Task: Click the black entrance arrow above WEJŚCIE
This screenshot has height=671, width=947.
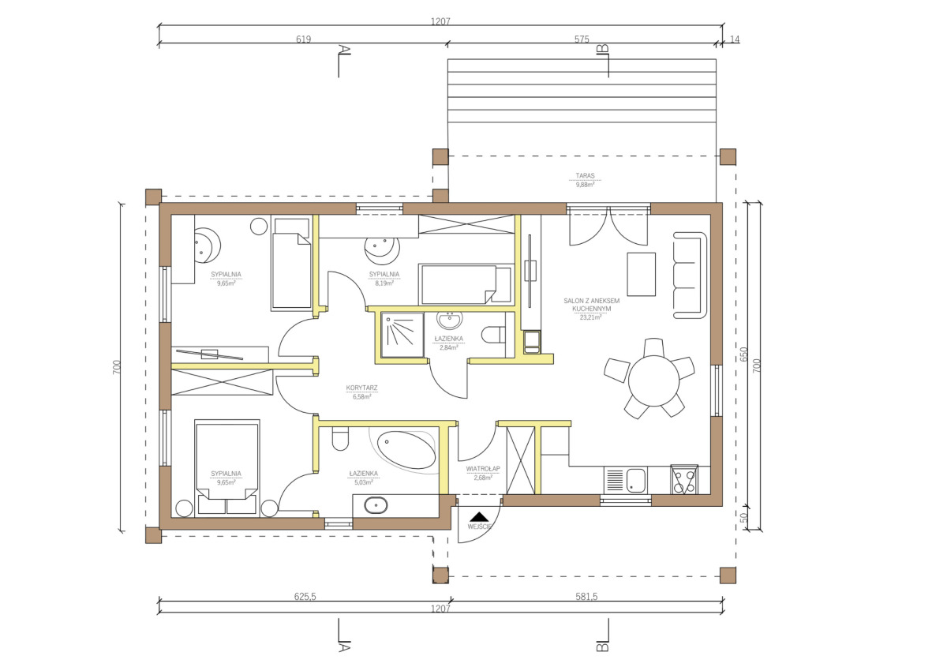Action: (x=479, y=516)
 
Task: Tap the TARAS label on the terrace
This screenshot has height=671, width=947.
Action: (x=585, y=175)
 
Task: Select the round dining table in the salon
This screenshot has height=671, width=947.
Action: (x=653, y=381)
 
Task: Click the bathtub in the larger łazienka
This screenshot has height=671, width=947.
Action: (x=406, y=450)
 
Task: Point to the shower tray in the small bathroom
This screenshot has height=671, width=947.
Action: (x=402, y=335)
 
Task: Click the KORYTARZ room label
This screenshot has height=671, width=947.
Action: (x=362, y=388)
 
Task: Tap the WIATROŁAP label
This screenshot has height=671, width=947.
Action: (x=483, y=469)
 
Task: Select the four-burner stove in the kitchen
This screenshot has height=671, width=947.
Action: (x=684, y=479)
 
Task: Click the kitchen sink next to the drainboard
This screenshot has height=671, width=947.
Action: (x=636, y=481)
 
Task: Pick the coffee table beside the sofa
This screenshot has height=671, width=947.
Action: (x=642, y=275)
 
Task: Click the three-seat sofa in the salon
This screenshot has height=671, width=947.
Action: (x=690, y=275)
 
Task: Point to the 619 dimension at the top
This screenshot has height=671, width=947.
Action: (x=304, y=39)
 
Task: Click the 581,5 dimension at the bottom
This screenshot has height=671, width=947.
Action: (x=586, y=597)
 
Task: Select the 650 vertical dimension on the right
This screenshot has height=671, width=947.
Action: (x=744, y=354)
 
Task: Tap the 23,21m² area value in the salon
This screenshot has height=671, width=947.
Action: (x=591, y=317)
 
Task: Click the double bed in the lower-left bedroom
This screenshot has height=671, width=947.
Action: (x=227, y=468)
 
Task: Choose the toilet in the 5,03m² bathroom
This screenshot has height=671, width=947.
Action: (x=340, y=439)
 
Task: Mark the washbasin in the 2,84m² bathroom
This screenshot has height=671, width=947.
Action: (x=450, y=320)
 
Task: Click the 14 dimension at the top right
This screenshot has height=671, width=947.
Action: (x=735, y=39)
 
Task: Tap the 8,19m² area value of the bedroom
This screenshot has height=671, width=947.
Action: (x=384, y=283)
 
